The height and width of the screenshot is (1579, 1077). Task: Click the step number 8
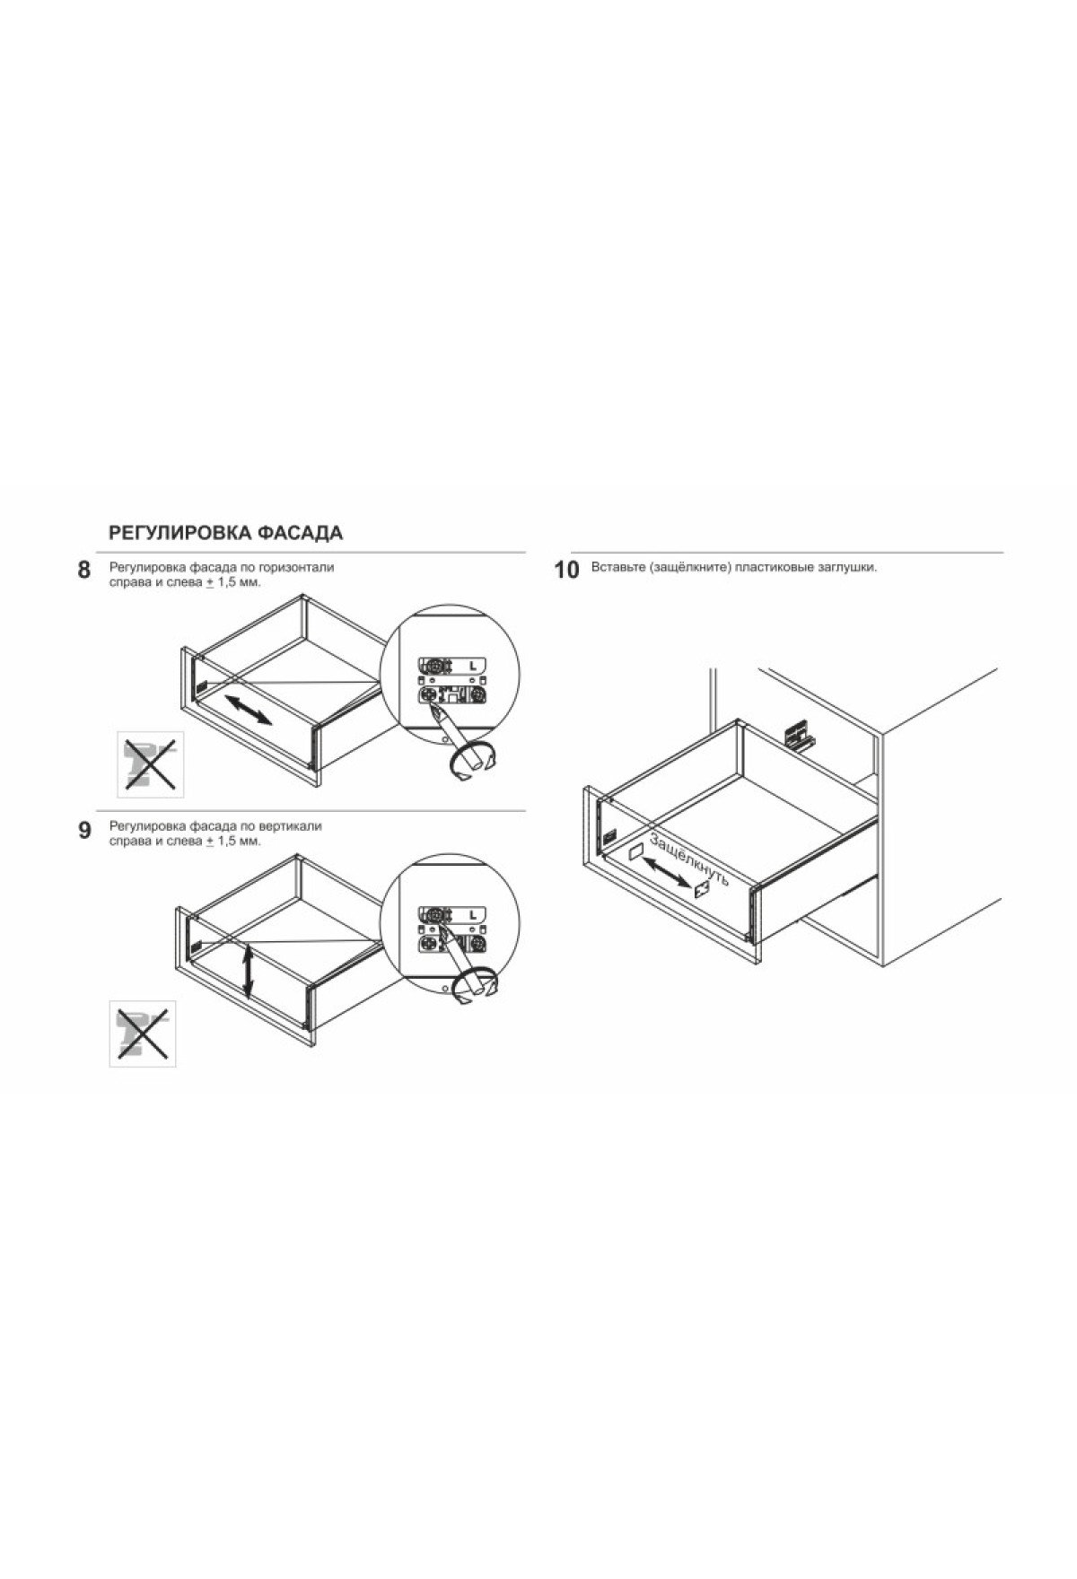click(x=83, y=571)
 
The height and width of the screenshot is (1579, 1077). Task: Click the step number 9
click(x=84, y=831)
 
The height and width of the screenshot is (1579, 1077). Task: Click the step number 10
click(x=567, y=571)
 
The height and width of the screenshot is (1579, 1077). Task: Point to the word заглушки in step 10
click(x=849, y=568)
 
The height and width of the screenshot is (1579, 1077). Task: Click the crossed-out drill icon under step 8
click(x=150, y=764)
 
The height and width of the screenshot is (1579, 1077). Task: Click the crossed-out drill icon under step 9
click(x=143, y=1034)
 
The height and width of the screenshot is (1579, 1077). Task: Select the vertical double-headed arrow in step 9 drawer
click(x=249, y=973)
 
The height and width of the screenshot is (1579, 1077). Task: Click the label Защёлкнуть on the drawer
click(x=688, y=861)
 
